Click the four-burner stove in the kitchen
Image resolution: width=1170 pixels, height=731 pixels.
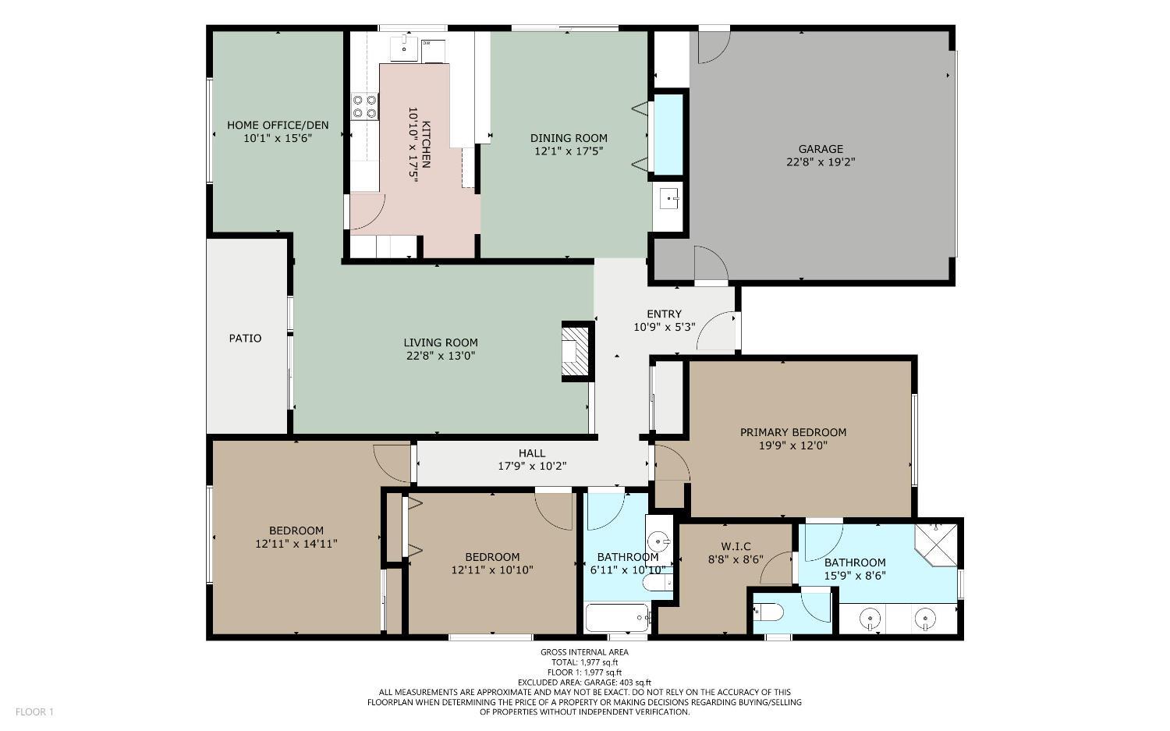(x=364, y=106)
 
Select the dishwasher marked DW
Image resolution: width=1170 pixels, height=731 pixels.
(x=432, y=51)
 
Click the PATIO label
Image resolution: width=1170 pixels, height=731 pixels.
(x=245, y=339)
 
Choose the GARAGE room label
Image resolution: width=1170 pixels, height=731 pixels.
(x=821, y=149)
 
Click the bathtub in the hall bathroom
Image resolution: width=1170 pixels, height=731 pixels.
(x=617, y=619)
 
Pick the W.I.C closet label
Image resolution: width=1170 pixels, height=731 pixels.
(x=736, y=546)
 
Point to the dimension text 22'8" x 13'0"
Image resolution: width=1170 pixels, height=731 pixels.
(x=441, y=356)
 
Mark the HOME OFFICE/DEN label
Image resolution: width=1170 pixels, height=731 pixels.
(x=278, y=125)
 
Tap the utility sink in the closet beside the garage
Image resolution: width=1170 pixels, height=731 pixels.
(x=668, y=200)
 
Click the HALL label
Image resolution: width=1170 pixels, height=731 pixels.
(x=532, y=453)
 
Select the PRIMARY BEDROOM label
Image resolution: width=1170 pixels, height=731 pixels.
(x=792, y=432)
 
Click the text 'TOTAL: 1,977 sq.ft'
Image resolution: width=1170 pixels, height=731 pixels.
(x=584, y=662)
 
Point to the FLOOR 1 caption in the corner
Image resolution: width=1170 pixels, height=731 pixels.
(x=34, y=711)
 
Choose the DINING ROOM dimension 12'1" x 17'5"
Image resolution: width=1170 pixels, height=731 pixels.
(x=569, y=151)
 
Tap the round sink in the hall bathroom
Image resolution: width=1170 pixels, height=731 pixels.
(x=660, y=539)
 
